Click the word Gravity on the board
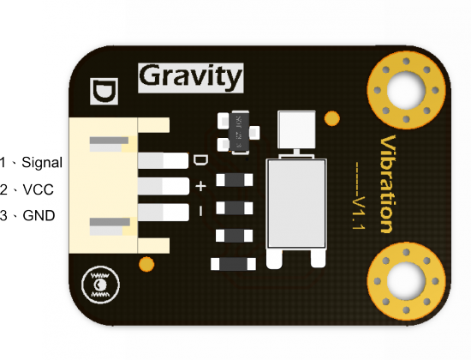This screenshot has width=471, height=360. click(x=190, y=77)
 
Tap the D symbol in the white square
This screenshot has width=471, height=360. click(x=104, y=91)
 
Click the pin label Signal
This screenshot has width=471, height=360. click(x=42, y=163)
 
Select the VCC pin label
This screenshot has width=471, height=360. click(x=39, y=189)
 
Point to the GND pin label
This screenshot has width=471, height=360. click(x=39, y=216)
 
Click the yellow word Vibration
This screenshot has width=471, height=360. click(x=388, y=184)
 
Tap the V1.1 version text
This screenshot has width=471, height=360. click(x=359, y=213)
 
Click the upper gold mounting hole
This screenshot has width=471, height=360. click(x=407, y=90)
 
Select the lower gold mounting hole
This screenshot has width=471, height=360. click(x=407, y=281)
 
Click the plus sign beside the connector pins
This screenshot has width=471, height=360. click(x=200, y=186)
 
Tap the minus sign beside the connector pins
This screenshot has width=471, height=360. click(x=200, y=211)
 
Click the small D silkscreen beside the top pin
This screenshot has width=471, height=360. click(x=200, y=160)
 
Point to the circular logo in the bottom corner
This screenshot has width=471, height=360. click(x=100, y=285)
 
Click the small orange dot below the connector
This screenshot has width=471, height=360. click(x=146, y=264)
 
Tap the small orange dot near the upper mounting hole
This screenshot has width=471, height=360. click(x=332, y=118)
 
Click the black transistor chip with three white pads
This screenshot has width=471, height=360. click(x=239, y=132)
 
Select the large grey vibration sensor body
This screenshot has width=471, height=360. click(x=296, y=204)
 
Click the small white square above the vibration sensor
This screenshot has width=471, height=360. click(x=296, y=129)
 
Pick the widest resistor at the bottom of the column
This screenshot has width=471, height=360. click(x=234, y=264)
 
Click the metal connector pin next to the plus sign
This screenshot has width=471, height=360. click(x=164, y=186)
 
